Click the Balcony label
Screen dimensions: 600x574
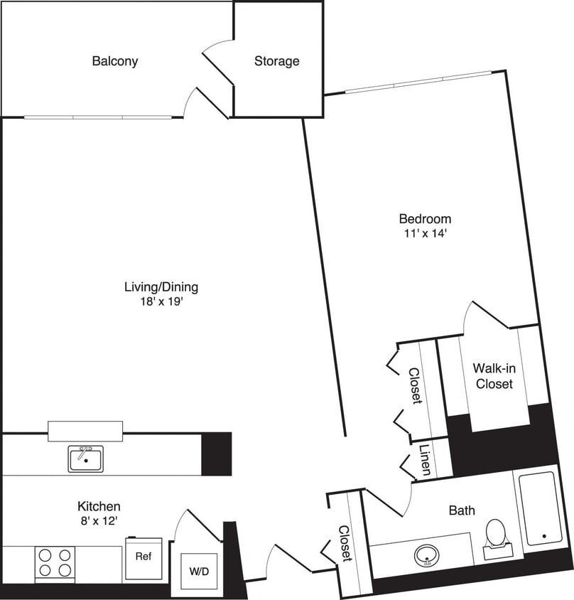coord(115,61)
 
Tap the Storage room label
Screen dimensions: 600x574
coord(277,61)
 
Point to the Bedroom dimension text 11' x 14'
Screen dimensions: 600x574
coord(425,232)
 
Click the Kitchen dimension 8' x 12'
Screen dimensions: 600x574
coord(99,521)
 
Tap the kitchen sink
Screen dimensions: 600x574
coord(86,459)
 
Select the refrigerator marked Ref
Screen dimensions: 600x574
coord(143,556)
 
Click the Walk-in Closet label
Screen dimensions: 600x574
coord(494,376)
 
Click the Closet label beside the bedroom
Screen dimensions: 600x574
coord(414,386)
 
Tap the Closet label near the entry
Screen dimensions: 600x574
coord(345,544)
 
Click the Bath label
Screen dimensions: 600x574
coord(462,510)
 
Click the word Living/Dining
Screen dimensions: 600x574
coord(161,288)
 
